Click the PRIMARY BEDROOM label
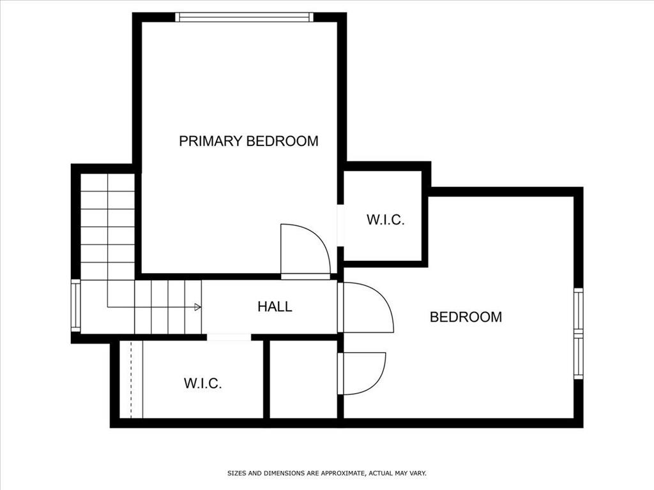[x=248, y=141]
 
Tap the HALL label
[x=275, y=307]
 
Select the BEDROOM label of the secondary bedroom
[x=466, y=317]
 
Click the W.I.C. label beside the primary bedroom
[x=385, y=219]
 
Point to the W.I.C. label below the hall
[x=202, y=383]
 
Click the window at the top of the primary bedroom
[x=244, y=17]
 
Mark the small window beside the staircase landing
[x=75, y=306]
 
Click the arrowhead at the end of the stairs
[x=198, y=307]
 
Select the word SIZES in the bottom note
[x=236, y=473]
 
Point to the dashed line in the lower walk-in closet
[x=131, y=379]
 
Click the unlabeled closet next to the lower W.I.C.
[x=303, y=379]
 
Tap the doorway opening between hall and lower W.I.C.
[x=229, y=337]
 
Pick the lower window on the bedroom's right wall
[x=579, y=357]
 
